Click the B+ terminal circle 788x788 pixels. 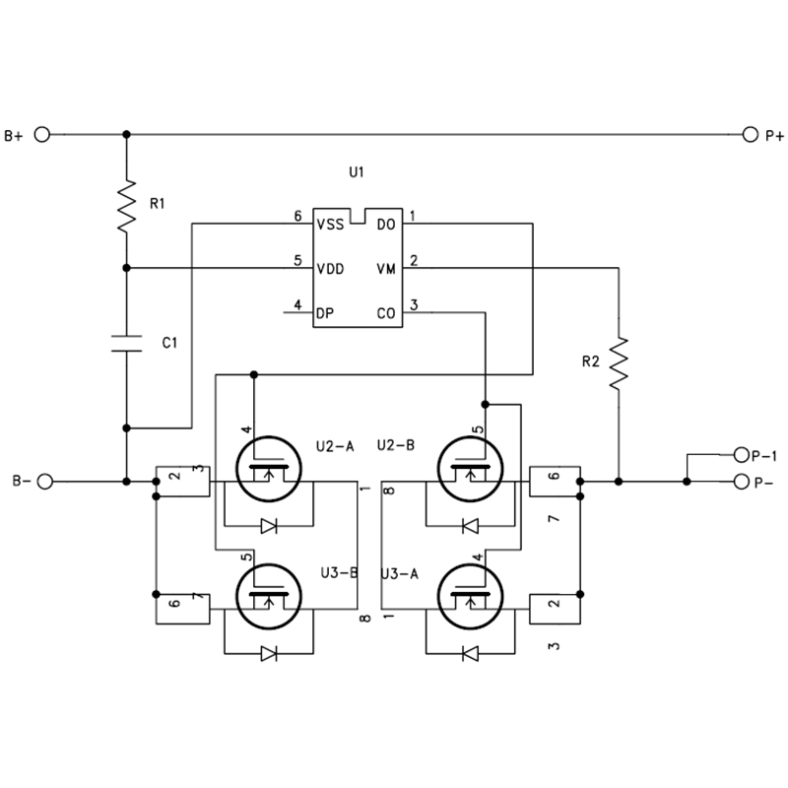coord(42,135)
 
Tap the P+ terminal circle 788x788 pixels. coord(750,135)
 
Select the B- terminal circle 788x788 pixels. coord(45,482)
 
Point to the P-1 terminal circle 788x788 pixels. coord(742,455)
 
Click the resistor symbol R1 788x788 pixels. coord(127,206)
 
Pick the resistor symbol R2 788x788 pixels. coord(619,362)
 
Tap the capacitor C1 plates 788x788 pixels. coord(127,343)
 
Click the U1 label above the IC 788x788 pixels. coord(357,172)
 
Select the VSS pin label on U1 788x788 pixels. coord(330,225)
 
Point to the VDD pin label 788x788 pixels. coord(330,269)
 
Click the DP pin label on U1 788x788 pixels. coord(325,313)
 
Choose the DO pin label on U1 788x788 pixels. coord(386,225)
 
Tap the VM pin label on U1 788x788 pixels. coord(386,269)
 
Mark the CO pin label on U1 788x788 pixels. coord(386,313)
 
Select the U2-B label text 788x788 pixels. coord(396,445)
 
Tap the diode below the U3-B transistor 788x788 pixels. coord(269,654)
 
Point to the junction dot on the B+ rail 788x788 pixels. coord(127,135)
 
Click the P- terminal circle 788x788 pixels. coord(742,482)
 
